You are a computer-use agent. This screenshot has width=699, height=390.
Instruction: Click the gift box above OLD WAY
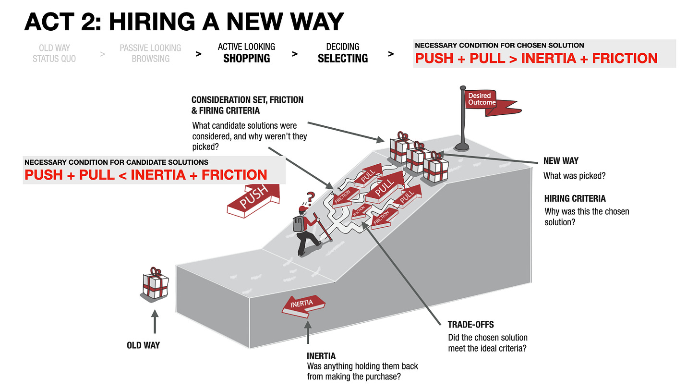[155, 285]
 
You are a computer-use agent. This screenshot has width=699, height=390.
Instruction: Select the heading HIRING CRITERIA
[575, 198]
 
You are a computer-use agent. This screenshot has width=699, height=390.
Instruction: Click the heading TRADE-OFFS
[470, 325]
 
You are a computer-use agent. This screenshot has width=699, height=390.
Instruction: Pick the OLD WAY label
[144, 345]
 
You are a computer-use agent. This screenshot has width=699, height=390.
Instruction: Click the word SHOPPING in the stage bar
[246, 59]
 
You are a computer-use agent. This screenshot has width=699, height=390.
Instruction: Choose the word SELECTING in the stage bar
[343, 59]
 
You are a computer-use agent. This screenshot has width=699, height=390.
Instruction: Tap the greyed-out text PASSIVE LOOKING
[150, 48]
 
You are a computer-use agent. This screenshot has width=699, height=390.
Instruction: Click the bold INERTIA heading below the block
[321, 356]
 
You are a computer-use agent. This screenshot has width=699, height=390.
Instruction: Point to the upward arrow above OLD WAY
[155, 321]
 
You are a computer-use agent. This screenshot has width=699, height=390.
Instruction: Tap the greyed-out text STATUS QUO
[54, 59]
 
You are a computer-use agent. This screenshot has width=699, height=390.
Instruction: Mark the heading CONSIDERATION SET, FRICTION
[247, 100]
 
